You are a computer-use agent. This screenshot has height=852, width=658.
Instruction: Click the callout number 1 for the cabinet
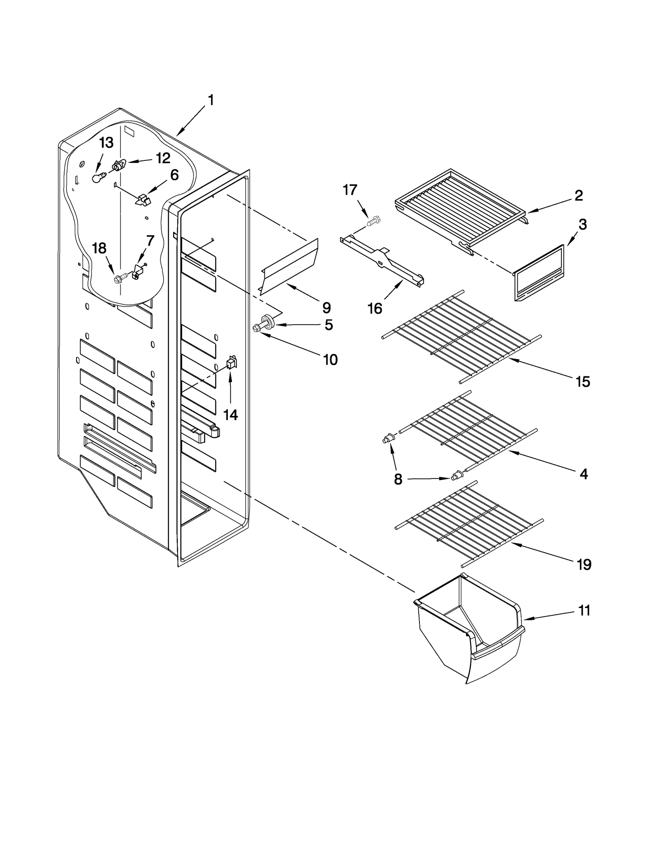click(211, 100)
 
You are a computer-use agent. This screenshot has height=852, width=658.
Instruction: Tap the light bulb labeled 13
click(97, 178)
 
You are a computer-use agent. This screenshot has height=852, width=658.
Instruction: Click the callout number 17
click(350, 190)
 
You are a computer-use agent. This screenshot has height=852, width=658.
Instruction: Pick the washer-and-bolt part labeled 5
click(267, 322)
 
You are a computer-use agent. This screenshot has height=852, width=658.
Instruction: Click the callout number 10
click(330, 360)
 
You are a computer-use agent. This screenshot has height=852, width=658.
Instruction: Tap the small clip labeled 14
click(232, 363)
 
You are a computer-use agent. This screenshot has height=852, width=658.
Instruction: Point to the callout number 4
click(584, 474)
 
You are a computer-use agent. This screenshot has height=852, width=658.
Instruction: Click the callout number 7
click(151, 240)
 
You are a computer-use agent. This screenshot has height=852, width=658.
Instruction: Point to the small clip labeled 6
click(143, 200)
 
